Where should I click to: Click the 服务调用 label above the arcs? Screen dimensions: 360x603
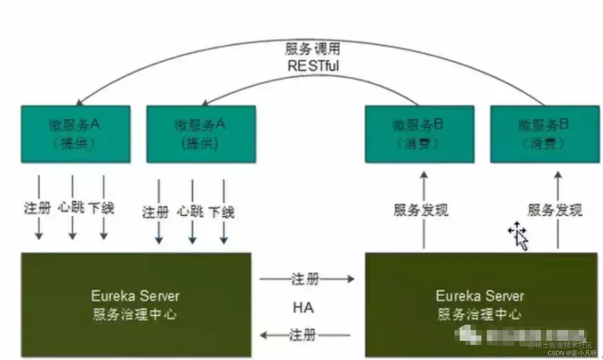(313, 49)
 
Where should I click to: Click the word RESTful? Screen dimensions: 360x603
(313, 66)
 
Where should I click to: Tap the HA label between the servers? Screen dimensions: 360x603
(303, 308)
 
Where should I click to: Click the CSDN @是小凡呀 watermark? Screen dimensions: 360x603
(572, 353)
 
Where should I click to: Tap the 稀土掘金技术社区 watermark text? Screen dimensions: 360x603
(561, 345)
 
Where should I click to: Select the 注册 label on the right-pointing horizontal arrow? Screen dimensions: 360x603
(305, 279)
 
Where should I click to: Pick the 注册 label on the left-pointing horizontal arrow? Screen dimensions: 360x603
(303, 335)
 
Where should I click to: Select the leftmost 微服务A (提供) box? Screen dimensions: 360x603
(75, 134)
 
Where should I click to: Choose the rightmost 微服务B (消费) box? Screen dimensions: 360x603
(544, 134)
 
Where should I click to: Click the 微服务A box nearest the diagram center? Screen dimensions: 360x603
(201, 134)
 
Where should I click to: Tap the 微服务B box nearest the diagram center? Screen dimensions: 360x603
(419, 134)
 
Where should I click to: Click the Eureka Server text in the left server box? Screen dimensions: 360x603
(135, 296)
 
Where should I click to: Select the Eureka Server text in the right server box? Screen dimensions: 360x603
(480, 296)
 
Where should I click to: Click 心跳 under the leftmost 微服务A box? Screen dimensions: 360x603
(71, 208)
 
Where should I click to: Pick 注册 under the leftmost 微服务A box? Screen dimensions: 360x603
(37, 208)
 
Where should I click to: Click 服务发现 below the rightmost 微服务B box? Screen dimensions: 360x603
(555, 210)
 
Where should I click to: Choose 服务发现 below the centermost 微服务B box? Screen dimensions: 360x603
(421, 210)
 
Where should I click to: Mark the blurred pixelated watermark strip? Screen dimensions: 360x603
(522, 335)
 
